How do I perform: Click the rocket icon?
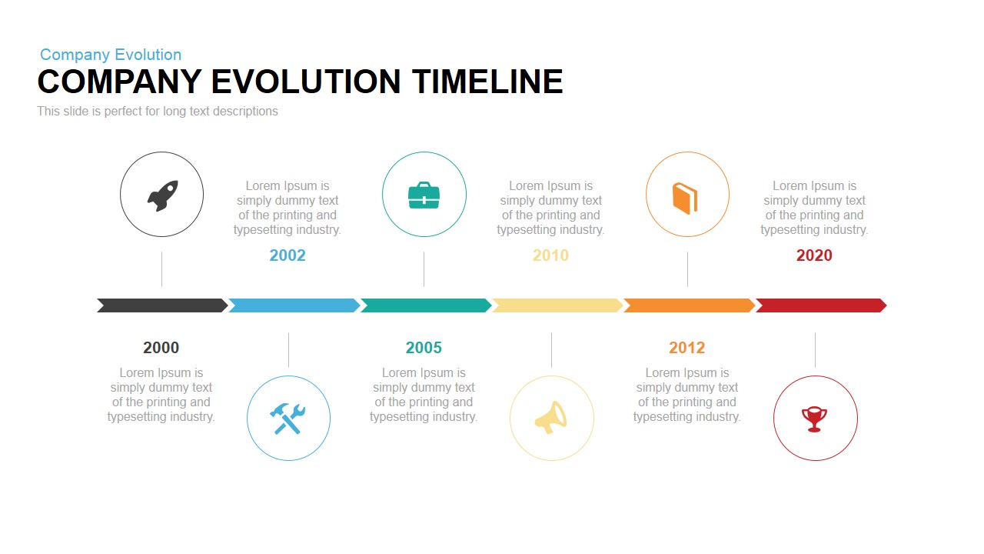pos(162,195)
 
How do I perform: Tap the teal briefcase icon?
pos(424,195)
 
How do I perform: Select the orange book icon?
pos(685,198)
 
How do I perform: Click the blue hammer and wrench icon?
pos(288,419)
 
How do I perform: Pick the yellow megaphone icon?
pos(551,418)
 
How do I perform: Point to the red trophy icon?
pos(814,419)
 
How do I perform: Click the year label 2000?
pos(161,348)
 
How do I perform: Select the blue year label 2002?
pos(288,255)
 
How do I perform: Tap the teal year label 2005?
pos(424,348)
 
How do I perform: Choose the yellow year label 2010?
pos(550,255)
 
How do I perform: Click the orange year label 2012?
pos(686,348)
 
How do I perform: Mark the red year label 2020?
pos(814,255)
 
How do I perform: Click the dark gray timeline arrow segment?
pos(162,305)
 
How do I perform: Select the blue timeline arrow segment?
pos(294,305)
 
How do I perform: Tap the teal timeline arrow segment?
pos(426,305)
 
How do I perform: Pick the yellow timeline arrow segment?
pos(557,305)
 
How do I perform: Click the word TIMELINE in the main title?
pos(487,82)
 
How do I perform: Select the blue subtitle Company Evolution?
pos(111,55)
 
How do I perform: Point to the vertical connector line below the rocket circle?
pos(161,269)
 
